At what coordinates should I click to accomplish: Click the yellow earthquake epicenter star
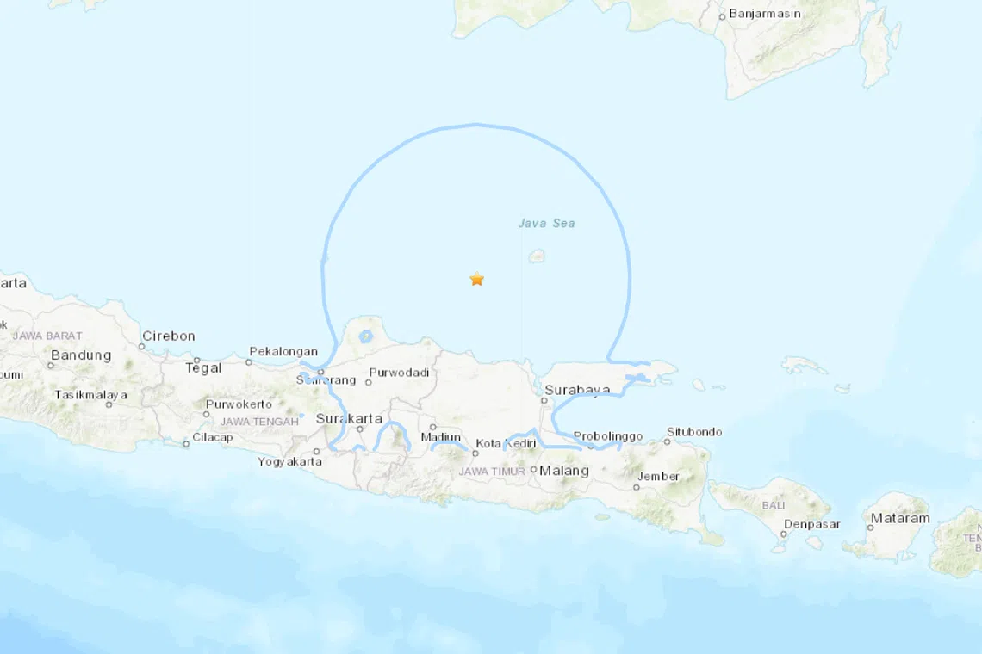tap(476, 279)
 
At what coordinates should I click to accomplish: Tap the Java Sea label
tap(546, 224)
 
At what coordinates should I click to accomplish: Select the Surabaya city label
tap(576, 390)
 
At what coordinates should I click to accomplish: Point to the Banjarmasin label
tap(764, 14)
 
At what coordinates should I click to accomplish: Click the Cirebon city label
tap(169, 336)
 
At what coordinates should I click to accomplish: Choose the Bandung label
tap(81, 355)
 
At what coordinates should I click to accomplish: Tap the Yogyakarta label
tap(290, 462)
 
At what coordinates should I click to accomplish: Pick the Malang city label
tap(564, 471)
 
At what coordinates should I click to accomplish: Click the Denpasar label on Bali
tap(810, 524)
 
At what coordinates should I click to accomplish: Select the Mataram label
tap(900, 518)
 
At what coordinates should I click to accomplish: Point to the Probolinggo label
tap(608, 436)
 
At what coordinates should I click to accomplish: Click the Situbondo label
tap(694, 432)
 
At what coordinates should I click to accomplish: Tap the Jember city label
tap(658, 477)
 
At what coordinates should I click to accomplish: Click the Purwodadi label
tap(398, 373)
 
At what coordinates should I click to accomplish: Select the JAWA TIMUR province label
tap(492, 472)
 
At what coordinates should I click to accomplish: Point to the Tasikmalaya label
tap(90, 395)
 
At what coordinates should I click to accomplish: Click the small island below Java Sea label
tap(538, 256)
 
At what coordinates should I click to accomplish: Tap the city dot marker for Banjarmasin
tap(722, 16)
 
